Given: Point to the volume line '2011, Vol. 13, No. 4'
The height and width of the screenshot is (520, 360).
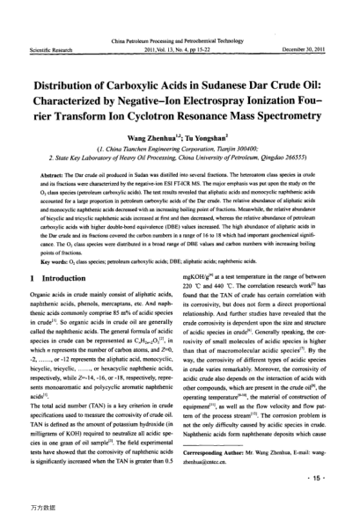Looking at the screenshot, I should pyautogui.click(x=180, y=26).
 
